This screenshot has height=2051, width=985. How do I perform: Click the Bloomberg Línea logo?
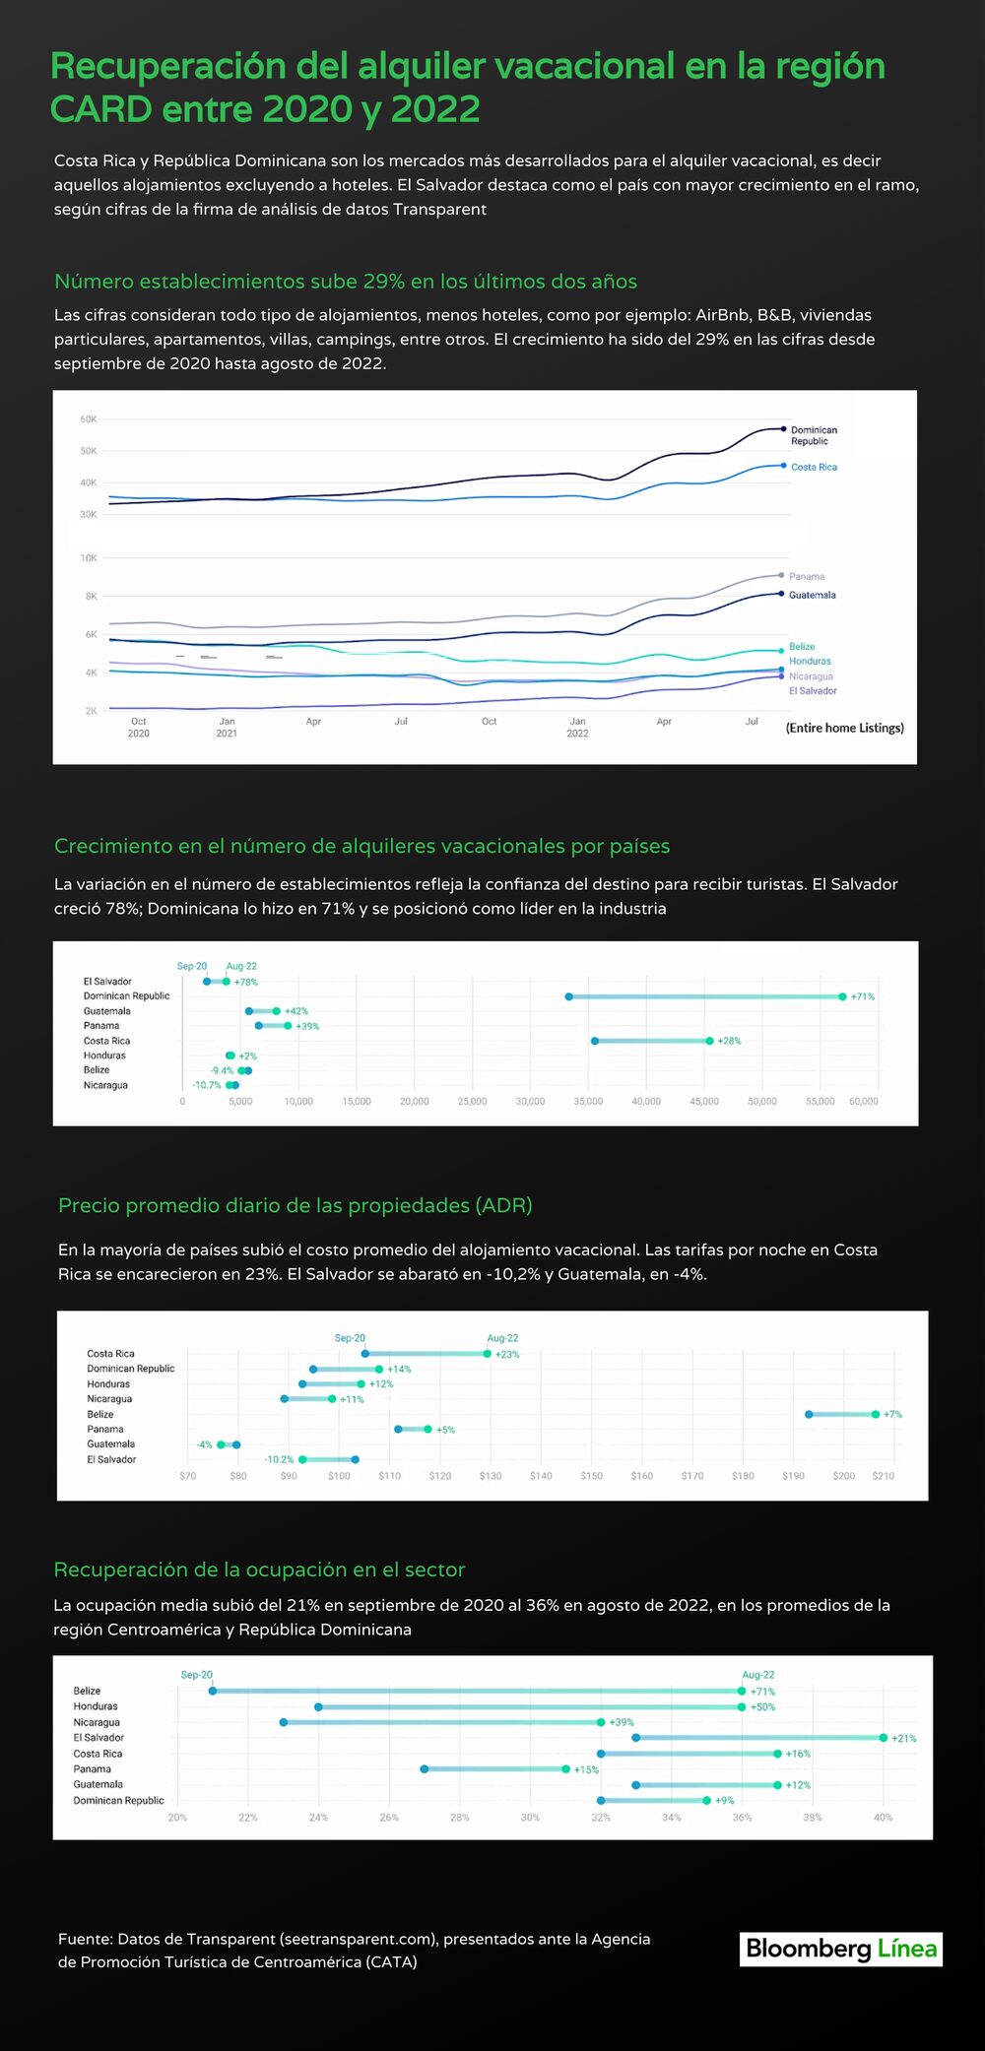tap(841, 1949)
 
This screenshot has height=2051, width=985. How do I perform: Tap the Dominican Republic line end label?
tap(814, 435)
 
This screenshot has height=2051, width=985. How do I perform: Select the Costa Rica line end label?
tap(814, 467)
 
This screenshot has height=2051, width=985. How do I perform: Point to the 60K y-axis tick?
tap(89, 419)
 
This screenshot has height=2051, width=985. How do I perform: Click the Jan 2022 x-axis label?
tap(577, 728)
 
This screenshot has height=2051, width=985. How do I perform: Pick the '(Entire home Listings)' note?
tap(844, 728)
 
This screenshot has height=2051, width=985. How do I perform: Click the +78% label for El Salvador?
tap(246, 982)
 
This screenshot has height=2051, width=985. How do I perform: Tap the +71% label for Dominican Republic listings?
tap(862, 996)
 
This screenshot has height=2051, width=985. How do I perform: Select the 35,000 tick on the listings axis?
tap(588, 1101)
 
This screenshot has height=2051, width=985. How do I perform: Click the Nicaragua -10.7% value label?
tap(207, 1085)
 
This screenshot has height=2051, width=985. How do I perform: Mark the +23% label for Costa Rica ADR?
tap(507, 1354)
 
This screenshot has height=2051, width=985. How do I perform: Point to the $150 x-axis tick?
tap(591, 1476)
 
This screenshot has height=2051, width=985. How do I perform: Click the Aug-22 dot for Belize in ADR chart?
tap(876, 1414)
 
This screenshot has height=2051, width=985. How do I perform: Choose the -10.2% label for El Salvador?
tap(279, 1459)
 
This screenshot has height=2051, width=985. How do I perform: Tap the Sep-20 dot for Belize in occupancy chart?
tap(213, 1691)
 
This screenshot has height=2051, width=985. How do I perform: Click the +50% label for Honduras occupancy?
tap(762, 1706)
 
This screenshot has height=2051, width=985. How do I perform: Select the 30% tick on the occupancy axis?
tap(530, 1817)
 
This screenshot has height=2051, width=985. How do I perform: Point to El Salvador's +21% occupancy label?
tap(903, 1738)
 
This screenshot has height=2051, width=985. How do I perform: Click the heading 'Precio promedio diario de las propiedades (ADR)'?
tap(295, 1205)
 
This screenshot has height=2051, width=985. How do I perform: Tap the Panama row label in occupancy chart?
tap(92, 1768)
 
